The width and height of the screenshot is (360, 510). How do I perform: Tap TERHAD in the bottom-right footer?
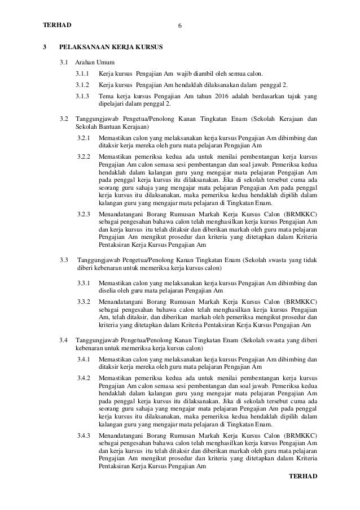point(303,476)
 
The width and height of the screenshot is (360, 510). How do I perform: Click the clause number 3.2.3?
point(84,215)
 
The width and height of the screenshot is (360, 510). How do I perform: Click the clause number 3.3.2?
point(84,302)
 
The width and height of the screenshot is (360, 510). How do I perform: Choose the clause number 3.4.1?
point(84,359)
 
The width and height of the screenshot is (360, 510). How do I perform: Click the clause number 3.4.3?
point(84,436)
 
